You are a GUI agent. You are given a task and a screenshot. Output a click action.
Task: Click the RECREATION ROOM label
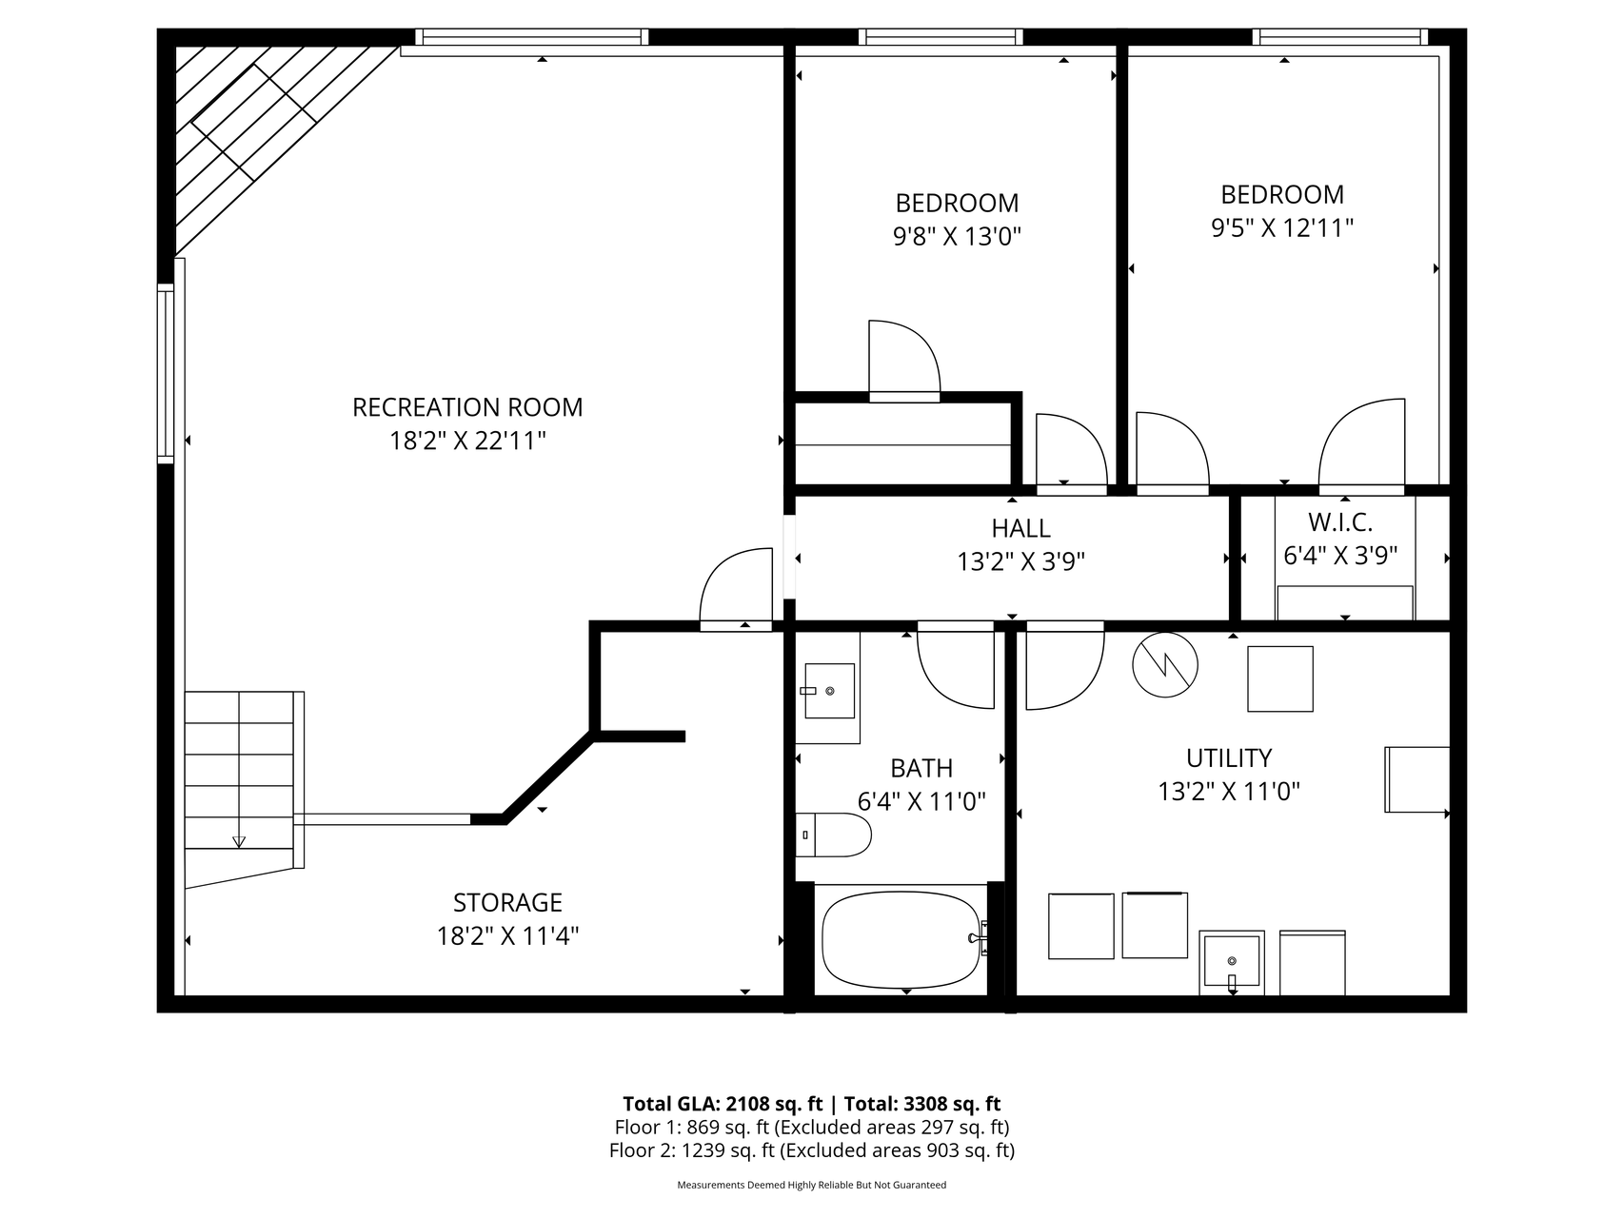coord(467,407)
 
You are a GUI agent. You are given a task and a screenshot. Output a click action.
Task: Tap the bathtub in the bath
coord(901,939)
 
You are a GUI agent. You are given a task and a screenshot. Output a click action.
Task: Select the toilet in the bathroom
coord(835,835)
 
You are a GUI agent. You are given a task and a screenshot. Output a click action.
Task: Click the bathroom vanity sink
coord(829,691)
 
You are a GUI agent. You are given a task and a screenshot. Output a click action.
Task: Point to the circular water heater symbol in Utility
coord(1163,663)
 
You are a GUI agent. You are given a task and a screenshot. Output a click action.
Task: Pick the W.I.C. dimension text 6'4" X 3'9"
coord(1340,556)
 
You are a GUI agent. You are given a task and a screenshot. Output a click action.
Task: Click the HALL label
coord(1020,528)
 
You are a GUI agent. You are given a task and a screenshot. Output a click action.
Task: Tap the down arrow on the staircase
coord(239,840)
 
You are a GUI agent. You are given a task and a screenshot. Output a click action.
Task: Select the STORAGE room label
coord(507,902)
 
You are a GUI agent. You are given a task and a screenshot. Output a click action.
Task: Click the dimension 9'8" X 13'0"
coord(957,236)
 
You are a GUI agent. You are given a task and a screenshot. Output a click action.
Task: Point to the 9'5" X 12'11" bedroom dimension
coord(1282,228)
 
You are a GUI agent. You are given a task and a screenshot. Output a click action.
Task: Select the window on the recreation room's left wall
coord(166,373)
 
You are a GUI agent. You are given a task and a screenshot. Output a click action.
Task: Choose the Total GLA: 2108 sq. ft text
coord(723,1104)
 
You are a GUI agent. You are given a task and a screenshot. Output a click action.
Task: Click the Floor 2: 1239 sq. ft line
coord(811,1150)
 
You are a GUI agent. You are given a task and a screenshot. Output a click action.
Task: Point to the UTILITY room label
coord(1229,758)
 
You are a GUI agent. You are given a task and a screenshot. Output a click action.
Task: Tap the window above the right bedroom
coord(1339,37)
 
